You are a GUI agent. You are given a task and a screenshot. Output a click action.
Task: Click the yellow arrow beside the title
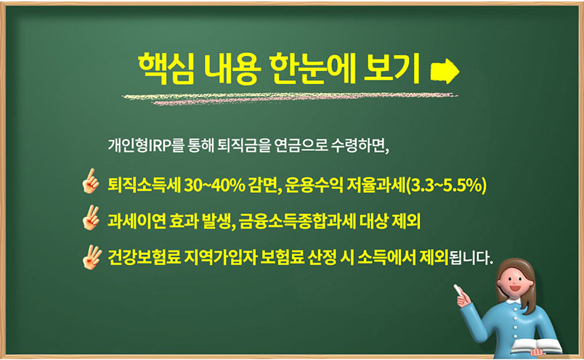(x=445, y=70)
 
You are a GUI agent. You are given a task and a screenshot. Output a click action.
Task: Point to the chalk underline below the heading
(x=290, y=98)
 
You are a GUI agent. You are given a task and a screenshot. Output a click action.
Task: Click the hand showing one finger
(x=91, y=181)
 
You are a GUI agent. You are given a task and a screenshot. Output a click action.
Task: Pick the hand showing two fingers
(x=92, y=218)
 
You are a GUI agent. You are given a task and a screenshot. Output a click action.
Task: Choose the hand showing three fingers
(x=92, y=257)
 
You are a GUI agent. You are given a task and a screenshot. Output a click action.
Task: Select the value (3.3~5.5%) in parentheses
(x=446, y=185)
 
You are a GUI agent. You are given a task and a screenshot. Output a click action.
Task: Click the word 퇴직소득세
(x=144, y=185)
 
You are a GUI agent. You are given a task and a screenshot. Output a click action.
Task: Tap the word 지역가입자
(x=221, y=257)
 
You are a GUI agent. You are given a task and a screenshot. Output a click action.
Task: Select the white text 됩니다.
(x=471, y=258)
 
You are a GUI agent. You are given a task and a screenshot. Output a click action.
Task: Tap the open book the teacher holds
(x=536, y=347)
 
